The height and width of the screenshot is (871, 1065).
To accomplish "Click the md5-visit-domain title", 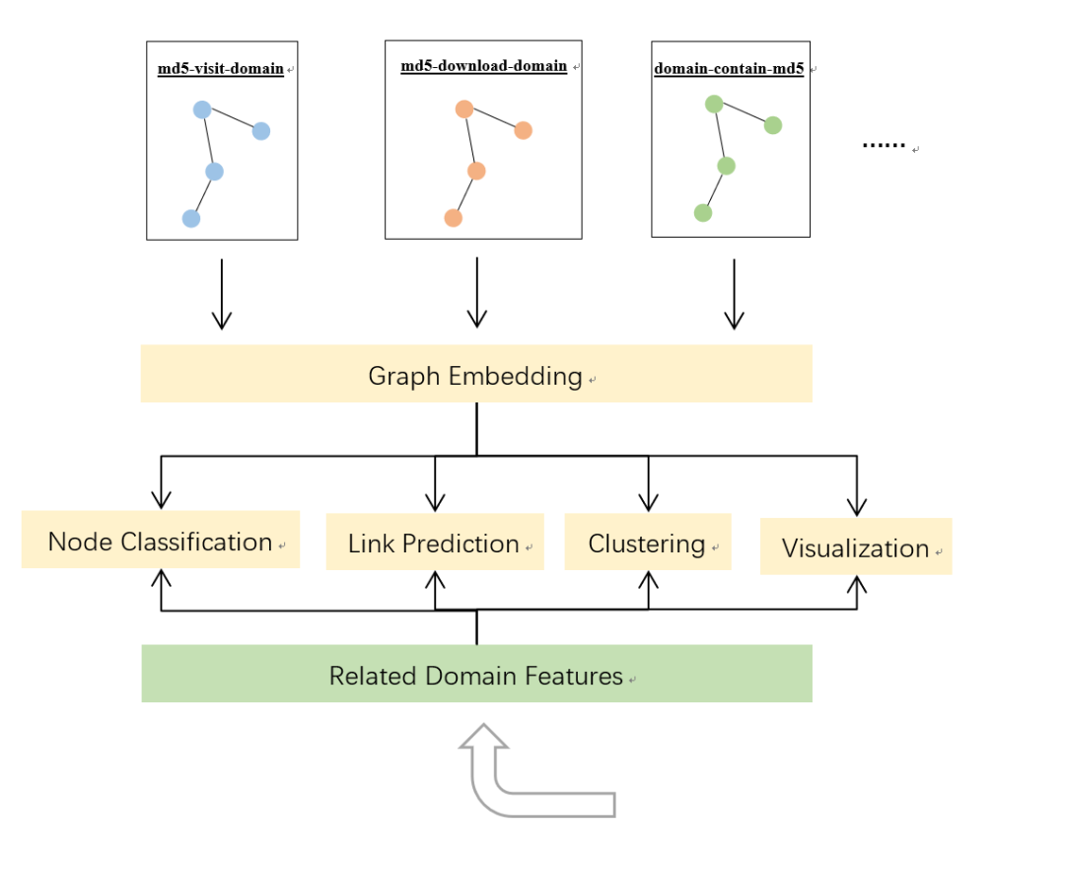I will coord(221,69).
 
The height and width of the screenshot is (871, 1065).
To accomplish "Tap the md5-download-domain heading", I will coord(483,66).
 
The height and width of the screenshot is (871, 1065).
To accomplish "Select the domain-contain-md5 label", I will coord(729,69).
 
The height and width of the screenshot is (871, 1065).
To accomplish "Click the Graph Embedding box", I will coord(476,374).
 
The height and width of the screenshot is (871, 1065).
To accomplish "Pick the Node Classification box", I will coord(160,541).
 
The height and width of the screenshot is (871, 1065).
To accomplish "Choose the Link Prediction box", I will coord(434,543).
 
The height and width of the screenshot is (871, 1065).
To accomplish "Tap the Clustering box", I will coord(647,543).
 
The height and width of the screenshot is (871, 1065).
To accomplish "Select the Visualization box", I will coord(855,547).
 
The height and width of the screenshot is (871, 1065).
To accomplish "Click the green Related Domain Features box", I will coord(476,675).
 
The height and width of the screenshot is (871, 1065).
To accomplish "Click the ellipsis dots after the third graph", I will coord(884,145).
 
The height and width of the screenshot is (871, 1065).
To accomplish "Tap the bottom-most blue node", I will coord(191,218).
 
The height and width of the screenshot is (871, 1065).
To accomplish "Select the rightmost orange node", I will coord(523,130).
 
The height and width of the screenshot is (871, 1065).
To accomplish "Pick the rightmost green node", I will coord(773,125).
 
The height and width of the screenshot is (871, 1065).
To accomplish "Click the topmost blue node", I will coord(202,109).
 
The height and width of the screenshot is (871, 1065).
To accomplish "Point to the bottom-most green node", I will coord(703,212).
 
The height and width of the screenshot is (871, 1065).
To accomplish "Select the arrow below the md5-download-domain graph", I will coord(477,293).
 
